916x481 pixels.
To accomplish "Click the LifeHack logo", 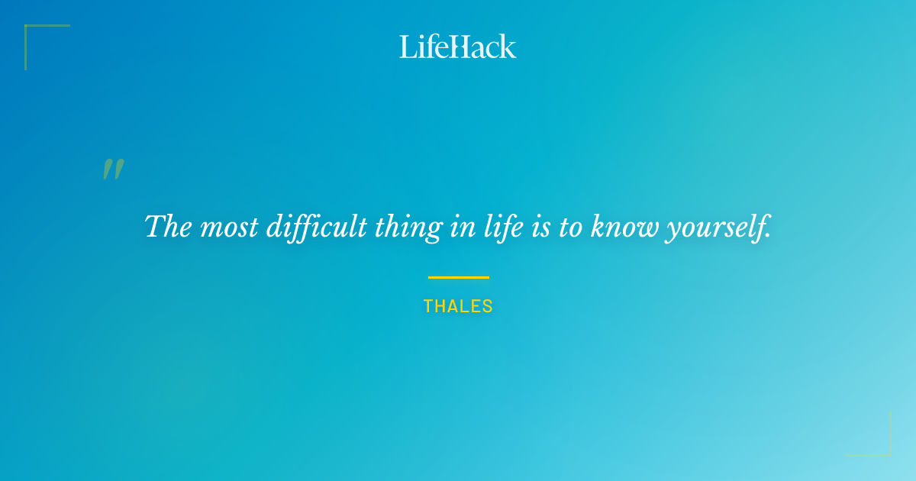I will pos(458,47).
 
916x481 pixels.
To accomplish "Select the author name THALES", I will pos(458,307).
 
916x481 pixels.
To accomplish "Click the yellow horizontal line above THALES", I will pos(458,277).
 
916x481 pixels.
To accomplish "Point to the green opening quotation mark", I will pos(113,169).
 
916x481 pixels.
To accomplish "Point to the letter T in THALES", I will pos(428,307).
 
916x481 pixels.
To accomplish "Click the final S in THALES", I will pos(488,307).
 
